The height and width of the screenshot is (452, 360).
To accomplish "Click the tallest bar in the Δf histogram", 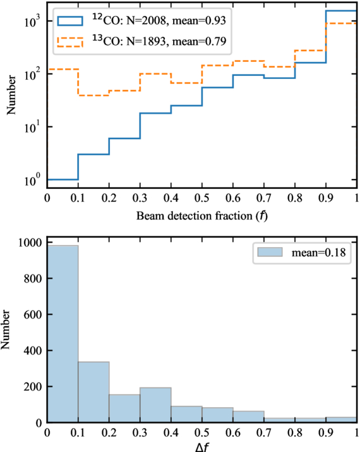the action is [x=63, y=334].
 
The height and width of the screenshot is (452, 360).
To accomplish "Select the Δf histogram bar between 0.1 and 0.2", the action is [x=93, y=392].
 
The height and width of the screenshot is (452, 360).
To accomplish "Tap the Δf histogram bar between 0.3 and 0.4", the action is [x=155, y=405].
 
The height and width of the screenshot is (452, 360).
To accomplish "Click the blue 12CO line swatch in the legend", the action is [x=70, y=21].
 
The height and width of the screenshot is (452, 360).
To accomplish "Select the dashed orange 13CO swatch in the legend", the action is [x=70, y=42].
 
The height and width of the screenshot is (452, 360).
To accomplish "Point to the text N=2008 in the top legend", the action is [x=147, y=21].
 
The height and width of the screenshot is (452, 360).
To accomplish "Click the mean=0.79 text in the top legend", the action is [x=200, y=42].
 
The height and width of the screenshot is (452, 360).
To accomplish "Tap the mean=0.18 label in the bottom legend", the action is [x=318, y=252].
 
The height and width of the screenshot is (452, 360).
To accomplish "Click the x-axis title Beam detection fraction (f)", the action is [x=202, y=216].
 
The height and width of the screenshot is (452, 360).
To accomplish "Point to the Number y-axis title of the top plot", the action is [x=11, y=95].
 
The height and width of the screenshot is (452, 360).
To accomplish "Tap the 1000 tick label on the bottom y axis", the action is [x=30, y=243].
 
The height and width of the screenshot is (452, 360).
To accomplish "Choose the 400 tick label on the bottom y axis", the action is [x=33, y=350].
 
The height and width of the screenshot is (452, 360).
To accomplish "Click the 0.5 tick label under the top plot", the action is [x=202, y=199].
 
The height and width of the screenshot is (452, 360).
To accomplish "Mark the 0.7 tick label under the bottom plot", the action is [x=264, y=432].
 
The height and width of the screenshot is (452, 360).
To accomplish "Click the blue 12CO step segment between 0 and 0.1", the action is [x=63, y=180].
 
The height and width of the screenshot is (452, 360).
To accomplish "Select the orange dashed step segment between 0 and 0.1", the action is [x=63, y=69].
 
